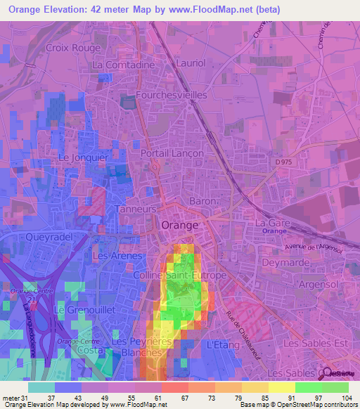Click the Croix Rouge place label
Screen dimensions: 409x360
pyautogui.click(x=72, y=48)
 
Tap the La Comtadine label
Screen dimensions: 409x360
pyautogui.click(x=123, y=65)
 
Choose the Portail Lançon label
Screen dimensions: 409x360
pyautogui.click(x=172, y=153)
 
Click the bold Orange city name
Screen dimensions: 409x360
pyautogui.click(x=179, y=225)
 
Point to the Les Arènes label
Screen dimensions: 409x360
pyautogui.click(x=118, y=256)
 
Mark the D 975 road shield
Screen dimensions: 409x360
pyautogui.click(x=282, y=163)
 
